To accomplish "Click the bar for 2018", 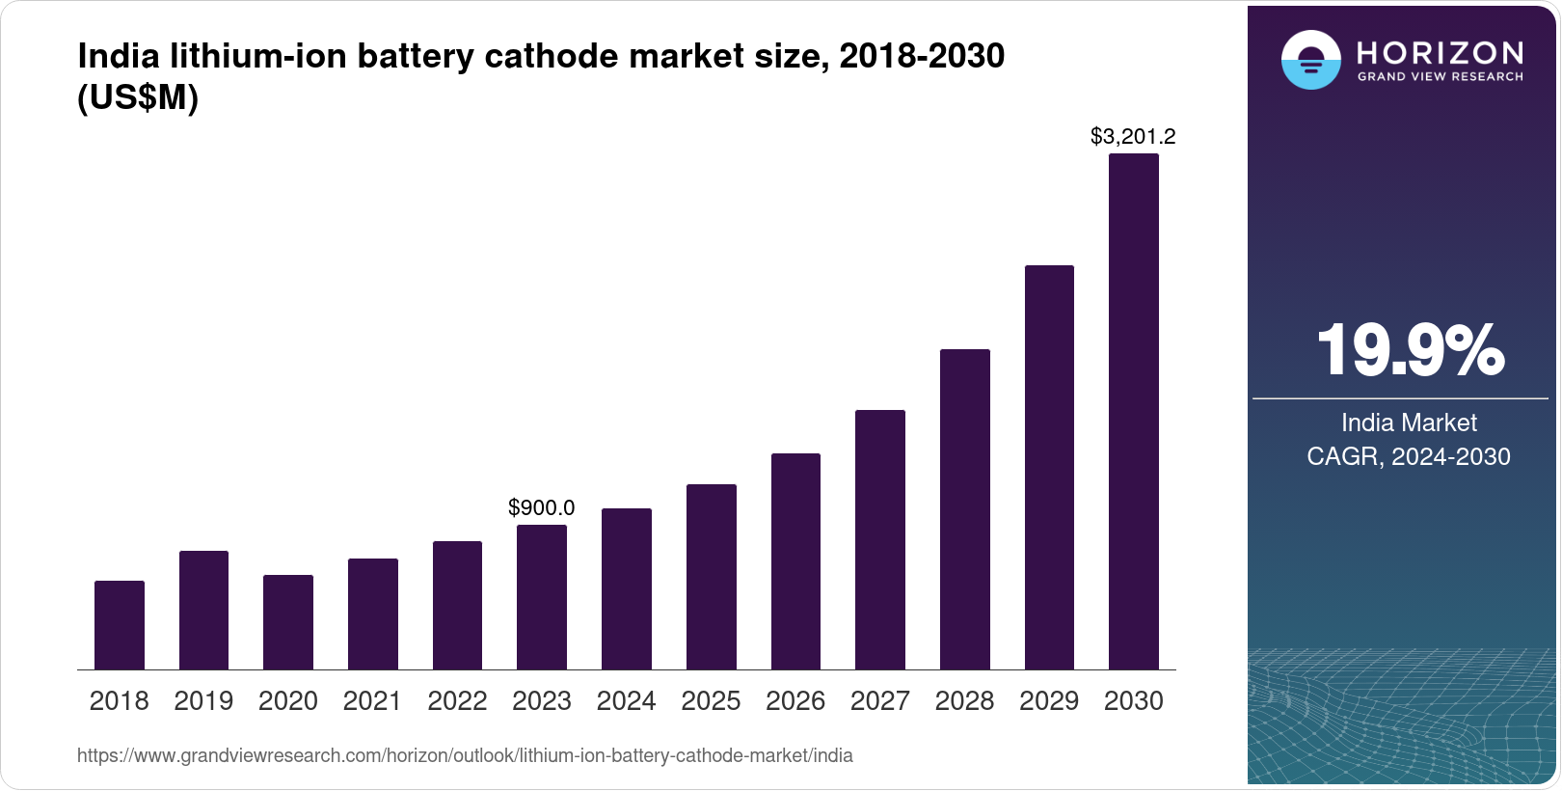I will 120,625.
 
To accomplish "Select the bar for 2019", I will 203,610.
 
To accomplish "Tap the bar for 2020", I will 288,622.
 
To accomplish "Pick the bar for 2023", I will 542,597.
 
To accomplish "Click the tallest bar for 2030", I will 1134,412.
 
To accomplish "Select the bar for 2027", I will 879,539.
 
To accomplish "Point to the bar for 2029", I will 1049,467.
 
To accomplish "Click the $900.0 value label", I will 542,507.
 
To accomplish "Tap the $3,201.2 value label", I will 1133,137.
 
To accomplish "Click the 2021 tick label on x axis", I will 372,701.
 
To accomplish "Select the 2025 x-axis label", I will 711,701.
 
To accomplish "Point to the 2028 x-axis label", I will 964,701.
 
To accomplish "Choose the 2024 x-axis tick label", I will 626,701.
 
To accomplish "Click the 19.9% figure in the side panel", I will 1410,351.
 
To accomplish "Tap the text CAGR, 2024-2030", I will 1409,456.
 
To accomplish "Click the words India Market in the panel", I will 1409,423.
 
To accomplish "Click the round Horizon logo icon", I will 1310,60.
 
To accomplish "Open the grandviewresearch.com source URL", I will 465,755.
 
